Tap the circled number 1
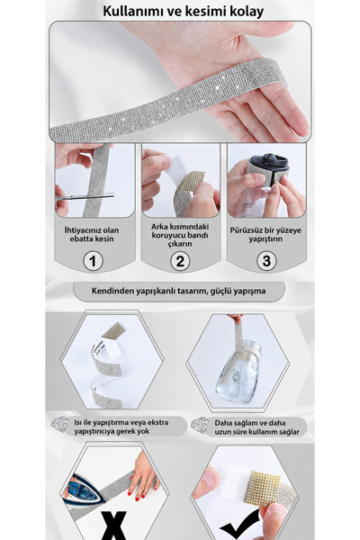coord(93,261)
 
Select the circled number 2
coord(180,261)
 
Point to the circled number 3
coord(266,261)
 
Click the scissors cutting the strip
coord(85,197)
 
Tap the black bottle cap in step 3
coord(268,163)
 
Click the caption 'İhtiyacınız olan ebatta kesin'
coord(92,235)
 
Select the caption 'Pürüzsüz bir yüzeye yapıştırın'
coord(265,235)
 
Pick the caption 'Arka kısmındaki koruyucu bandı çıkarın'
coord(180,235)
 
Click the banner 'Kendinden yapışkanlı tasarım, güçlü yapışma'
coord(179,291)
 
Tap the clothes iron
coord(85,490)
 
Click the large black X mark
coord(113,526)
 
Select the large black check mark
coord(241,525)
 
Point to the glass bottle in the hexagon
coord(238,372)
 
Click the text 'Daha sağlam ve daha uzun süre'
coord(257,427)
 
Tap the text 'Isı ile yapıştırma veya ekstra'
coord(121,423)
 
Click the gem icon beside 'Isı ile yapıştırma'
coord(60,425)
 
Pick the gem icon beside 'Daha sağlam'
coord(200,426)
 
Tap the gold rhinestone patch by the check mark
coord(263,489)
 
